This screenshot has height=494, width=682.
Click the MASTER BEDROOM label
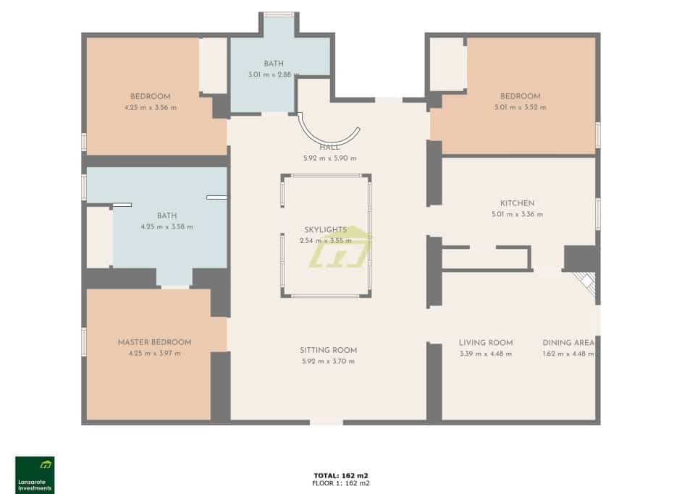pos(154,342)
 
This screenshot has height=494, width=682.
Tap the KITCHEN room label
pos(517,203)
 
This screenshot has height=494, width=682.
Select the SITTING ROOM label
pos(328,351)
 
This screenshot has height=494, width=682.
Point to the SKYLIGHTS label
pos(325,229)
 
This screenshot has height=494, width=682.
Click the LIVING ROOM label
pos(485,343)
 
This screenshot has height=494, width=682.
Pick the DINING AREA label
pos(568,343)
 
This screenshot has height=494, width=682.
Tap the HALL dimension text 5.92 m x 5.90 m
pos(329,158)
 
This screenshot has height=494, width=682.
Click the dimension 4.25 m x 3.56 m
pos(150,107)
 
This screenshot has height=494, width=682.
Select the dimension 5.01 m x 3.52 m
pos(520,107)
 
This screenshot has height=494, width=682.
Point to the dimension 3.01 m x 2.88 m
pos(274,74)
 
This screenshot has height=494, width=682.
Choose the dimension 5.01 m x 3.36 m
pos(517,214)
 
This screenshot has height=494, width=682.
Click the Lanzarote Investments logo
pos(35,474)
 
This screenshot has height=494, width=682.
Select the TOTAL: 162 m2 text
pos(341,475)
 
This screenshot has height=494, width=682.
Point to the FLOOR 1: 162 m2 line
pos(341,482)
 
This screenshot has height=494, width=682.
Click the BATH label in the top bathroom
pos(274,64)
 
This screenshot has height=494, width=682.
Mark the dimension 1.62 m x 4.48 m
pos(568,354)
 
